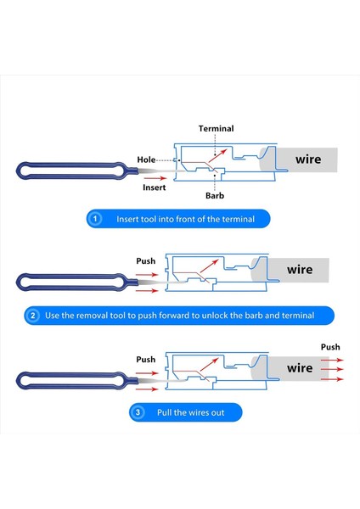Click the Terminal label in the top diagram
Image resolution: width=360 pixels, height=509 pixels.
click(216, 128)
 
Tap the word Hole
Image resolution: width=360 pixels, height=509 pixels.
click(147, 159)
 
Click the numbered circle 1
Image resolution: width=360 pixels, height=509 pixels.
click(96, 219)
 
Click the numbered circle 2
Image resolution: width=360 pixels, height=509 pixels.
click(33, 316)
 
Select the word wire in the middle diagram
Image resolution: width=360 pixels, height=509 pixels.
click(299, 270)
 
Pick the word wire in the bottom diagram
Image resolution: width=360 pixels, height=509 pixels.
click(299, 368)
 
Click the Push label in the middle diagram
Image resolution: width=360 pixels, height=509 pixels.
click(147, 261)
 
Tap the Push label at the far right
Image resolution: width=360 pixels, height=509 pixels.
click(330, 347)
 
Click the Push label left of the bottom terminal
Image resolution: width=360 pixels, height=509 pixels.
click(147, 360)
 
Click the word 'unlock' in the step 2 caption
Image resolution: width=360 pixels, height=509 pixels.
click(220, 316)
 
